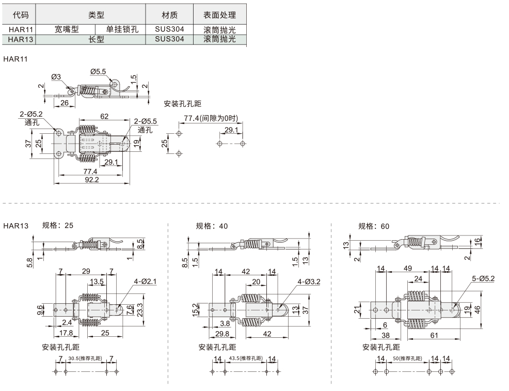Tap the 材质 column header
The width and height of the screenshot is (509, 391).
coord(169,15)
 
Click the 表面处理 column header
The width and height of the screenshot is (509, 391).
coord(219,15)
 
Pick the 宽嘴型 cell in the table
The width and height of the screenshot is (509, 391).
coord(67,29)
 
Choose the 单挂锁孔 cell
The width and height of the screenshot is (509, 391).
coord(122,29)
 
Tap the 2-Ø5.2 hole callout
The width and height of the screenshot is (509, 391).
coord(31,114)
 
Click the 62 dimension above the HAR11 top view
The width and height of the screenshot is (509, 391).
coord(104,117)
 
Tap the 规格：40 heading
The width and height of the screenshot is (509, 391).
coord(212,226)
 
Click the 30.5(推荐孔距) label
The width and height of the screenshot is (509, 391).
coord(85,358)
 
